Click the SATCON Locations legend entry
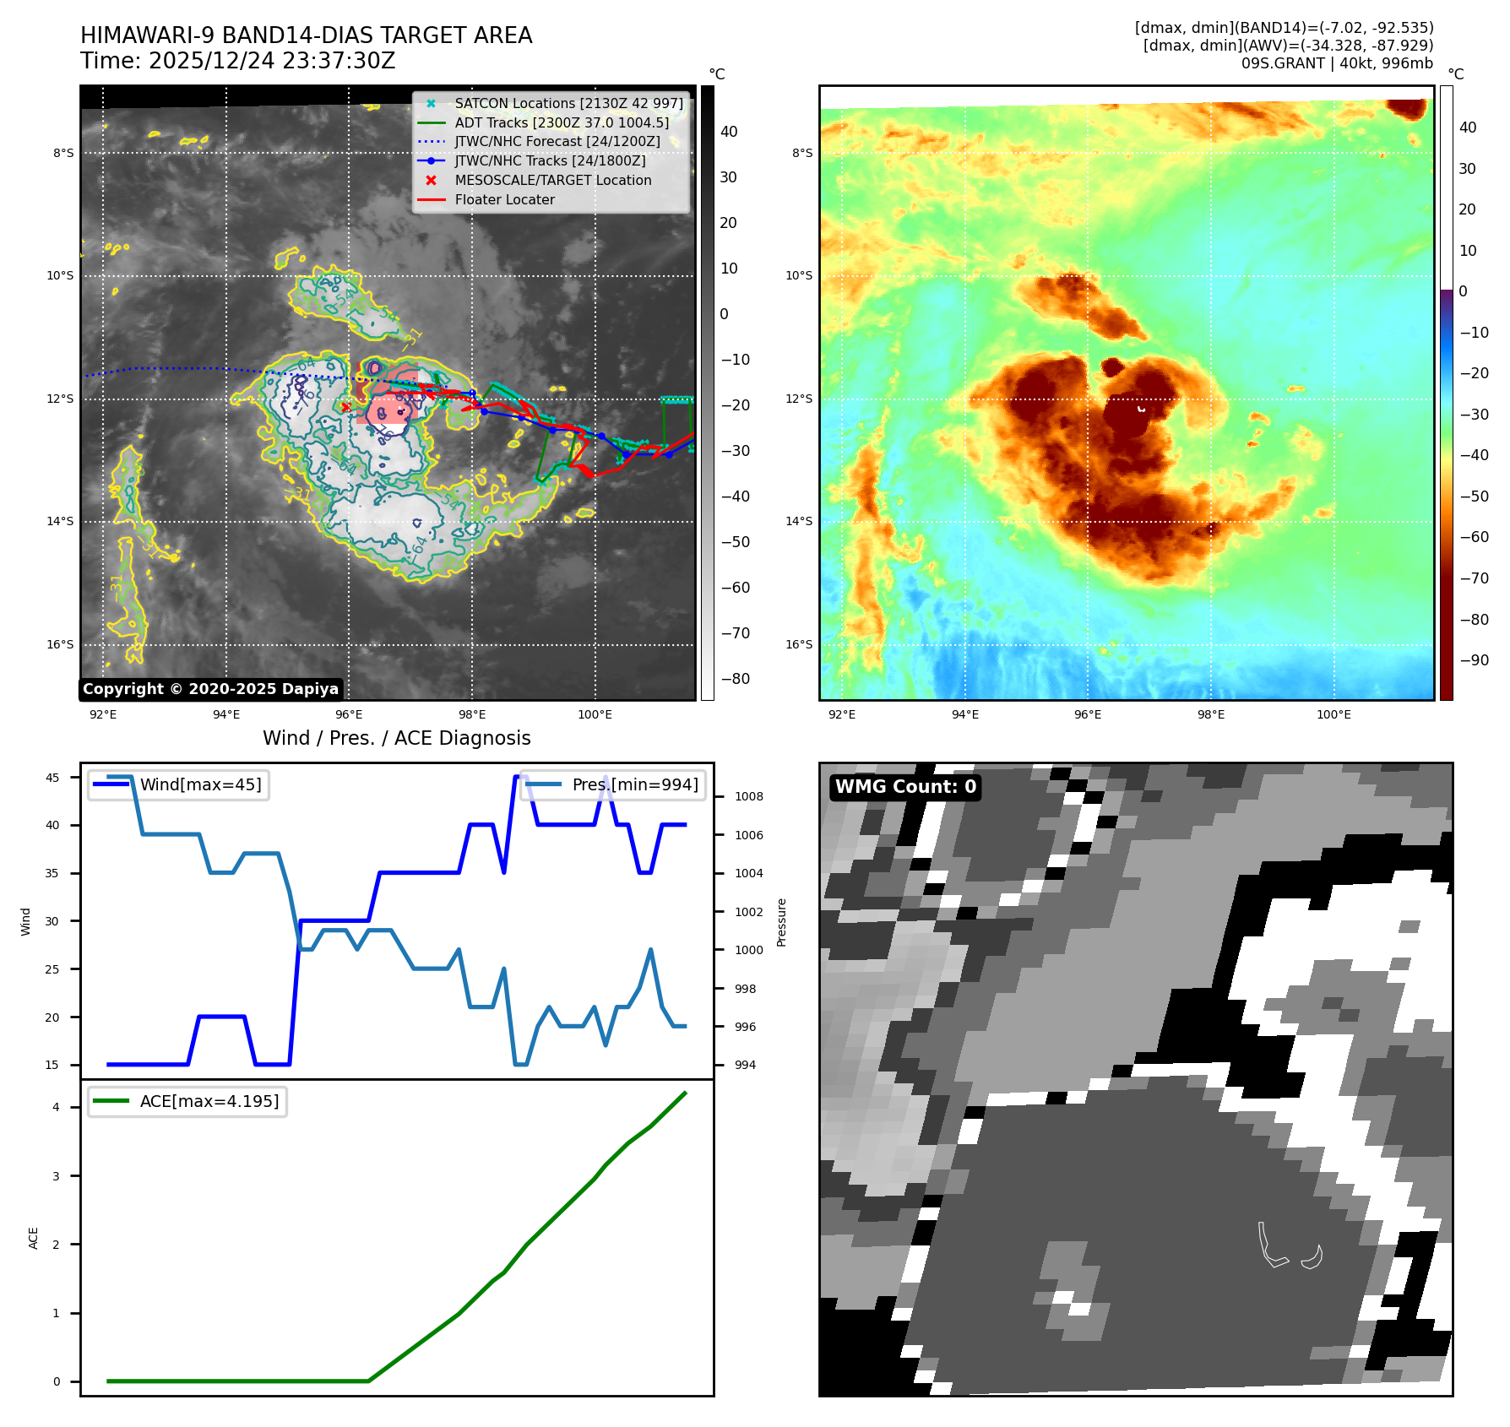(x=568, y=104)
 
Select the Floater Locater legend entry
(x=504, y=200)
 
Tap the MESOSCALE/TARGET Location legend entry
(x=552, y=181)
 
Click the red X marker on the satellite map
(x=345, y=407)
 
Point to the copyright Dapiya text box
(x=210, y=689)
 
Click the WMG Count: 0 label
(x=905, y=787)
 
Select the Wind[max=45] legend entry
(x=200, y=784)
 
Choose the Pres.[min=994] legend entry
(x=634, y=784)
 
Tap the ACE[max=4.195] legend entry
(x=209, y=1101)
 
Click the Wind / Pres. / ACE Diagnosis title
(x=396, y=738)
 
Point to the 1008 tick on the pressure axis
(x=748, y=796)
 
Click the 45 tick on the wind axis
(x=52, y=778)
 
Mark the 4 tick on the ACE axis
(x=57, y=1107)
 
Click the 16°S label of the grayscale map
(x=60, y=644)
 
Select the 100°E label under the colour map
(x=1333, y=714)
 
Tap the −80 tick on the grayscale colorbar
(x=735, y=679)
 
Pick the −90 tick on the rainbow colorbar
(x=1474, y=660)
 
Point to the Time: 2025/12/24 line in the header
(x=237, y=61)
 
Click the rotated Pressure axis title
(x=782, y=922)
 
